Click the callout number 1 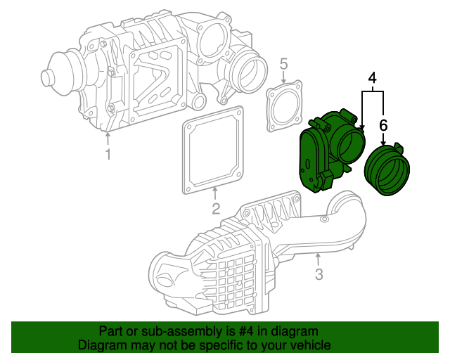(108, 154)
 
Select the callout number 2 (216, 208)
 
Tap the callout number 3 (319, 274)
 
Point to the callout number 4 (372, 78)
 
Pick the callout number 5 (283, 64)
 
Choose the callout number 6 (383, 125)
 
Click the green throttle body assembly (331, 150)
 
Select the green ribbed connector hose (387, 169)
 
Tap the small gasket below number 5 (284, 106)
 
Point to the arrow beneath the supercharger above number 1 (108, 139)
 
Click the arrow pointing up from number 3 (318, 259)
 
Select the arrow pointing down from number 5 (283, 77)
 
